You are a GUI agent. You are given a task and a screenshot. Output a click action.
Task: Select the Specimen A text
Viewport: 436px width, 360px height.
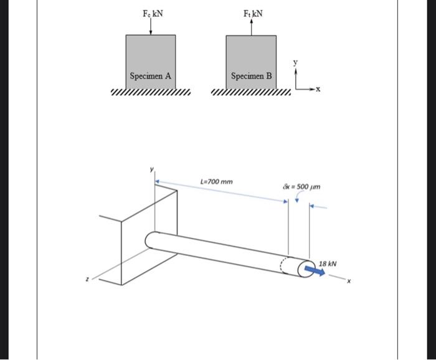[150, 76]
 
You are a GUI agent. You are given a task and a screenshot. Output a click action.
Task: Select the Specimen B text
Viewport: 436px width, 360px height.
[252, 77]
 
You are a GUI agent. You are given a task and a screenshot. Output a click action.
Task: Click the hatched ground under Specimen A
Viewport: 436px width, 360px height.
[150, 93]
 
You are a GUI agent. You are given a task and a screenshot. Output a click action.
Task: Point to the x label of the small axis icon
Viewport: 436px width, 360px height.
[318, 90]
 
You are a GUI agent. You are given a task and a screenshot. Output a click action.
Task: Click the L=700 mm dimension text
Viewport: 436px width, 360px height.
[217, 182]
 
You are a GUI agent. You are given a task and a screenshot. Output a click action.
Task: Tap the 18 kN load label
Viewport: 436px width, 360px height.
[328, 263]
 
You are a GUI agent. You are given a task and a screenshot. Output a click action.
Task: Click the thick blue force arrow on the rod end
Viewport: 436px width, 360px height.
[314, 271]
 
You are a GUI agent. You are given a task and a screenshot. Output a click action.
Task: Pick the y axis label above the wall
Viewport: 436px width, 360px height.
[150, 169]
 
